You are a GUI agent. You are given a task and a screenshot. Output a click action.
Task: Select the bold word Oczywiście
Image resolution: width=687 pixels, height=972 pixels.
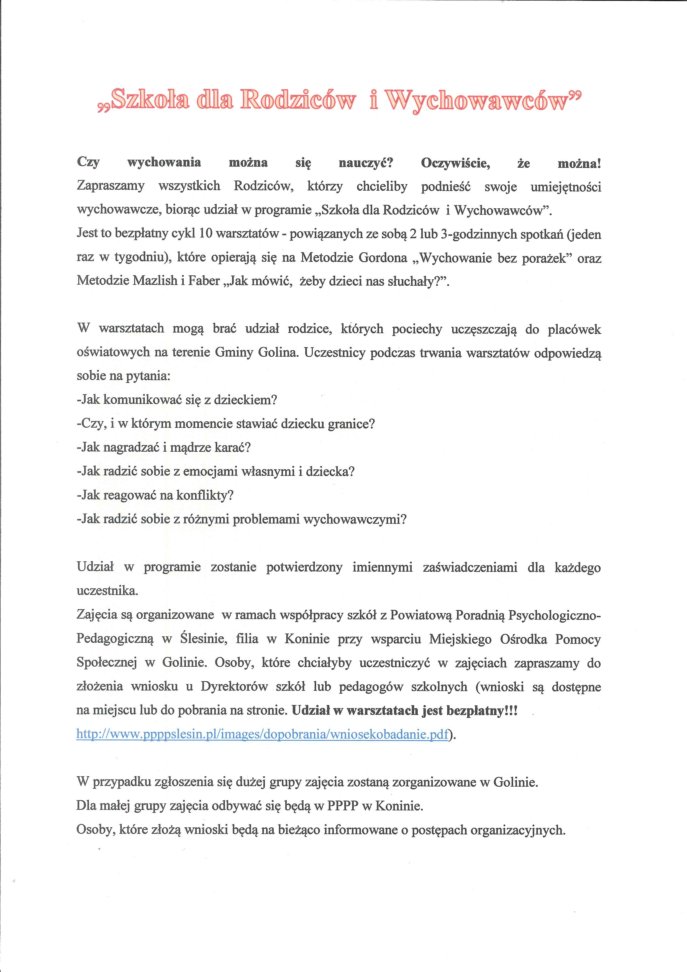pyautogui.click(x=455, y=163)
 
